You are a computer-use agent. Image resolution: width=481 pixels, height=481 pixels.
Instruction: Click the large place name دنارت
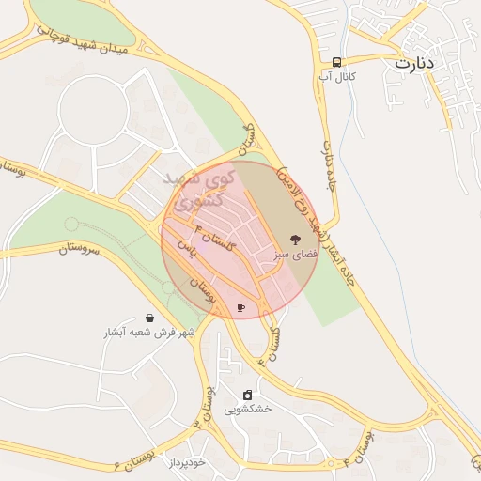coord(415,64)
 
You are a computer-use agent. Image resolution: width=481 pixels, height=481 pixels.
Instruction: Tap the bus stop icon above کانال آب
coord(336,62)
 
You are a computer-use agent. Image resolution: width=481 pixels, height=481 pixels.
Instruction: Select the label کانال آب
coord(336,76)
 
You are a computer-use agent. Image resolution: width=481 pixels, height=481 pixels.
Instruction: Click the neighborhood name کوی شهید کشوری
coord(194,189)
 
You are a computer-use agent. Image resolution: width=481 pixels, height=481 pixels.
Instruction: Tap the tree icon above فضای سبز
coord(294,239)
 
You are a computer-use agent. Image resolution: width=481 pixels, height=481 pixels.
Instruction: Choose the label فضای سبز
coord(296,254)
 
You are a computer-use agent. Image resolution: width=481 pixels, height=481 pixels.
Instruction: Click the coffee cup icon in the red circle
coord(241,307)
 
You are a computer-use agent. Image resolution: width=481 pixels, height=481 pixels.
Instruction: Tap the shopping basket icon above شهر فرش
coord(150,318)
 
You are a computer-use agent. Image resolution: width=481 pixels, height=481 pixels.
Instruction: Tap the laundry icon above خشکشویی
coord(247,395)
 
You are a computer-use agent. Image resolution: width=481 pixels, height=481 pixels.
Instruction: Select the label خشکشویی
coord(247,410)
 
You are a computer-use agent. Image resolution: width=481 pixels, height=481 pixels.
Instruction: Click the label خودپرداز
coord(181,463)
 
